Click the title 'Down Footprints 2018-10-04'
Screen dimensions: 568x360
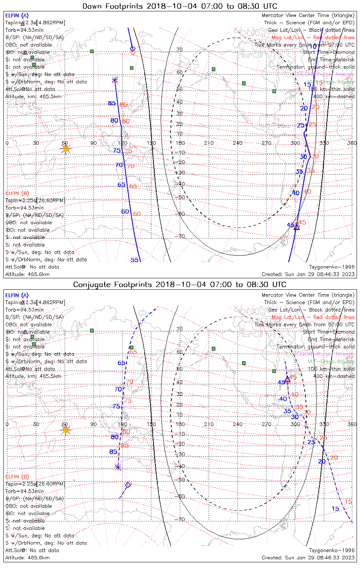(180, 6)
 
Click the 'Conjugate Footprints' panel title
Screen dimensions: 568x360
(180, 284)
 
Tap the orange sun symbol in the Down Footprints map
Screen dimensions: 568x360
(66, 149)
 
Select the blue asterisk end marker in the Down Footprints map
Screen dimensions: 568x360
(115, 80)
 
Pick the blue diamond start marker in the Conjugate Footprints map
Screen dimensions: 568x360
(128, 484)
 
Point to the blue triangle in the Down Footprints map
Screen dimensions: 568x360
(297, 227)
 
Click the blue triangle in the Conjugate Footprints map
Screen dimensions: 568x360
(287, 378)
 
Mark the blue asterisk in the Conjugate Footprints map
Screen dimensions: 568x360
(118, 467)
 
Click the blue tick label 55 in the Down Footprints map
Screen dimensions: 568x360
(135, 260)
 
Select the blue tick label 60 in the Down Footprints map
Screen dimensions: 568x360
(125, 212)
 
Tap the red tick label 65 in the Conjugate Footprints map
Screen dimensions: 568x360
(133, 352)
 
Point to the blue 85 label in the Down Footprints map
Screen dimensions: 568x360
(111, 103)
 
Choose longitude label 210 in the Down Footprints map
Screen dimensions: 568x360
(209, 143)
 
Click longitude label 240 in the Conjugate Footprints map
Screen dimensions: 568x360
(238, 424)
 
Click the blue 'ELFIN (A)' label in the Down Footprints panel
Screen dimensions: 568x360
(17, 16)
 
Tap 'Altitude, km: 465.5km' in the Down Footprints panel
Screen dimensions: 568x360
(33, 96)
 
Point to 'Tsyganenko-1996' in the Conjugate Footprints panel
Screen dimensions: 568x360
(332, 550)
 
